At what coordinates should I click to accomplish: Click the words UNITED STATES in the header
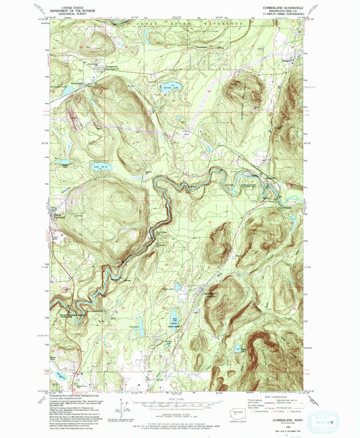coord(77,5)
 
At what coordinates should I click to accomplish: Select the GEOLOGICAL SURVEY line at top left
coord(77,13)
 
